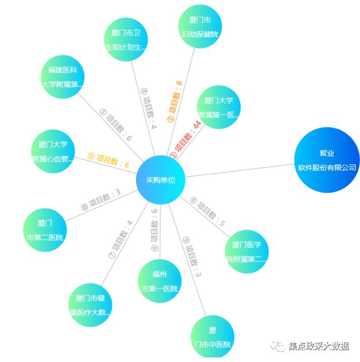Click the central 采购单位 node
click(160, 180)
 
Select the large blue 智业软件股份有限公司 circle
click(326, 160)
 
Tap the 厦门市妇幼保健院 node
click(199, 27)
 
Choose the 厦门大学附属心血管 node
click(53, 151)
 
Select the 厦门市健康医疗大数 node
click(90, 305)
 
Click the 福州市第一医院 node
click(160, 281)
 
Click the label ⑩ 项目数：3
click(101, 199)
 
